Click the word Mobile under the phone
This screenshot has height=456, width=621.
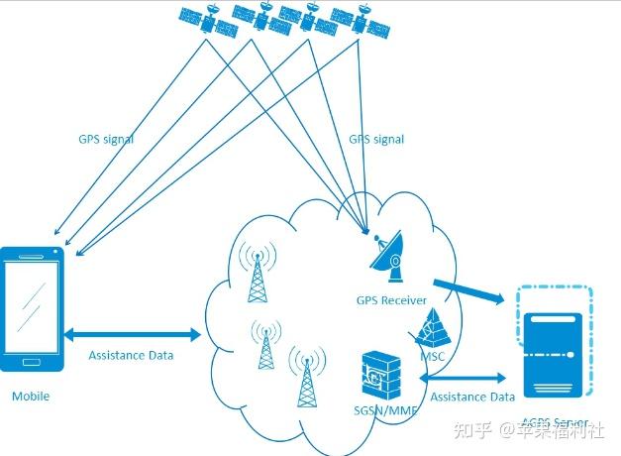click(x=31, y=397)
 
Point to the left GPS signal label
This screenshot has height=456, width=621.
click(x=106, y=140)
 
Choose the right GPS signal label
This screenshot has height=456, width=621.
click(x=376, y=140)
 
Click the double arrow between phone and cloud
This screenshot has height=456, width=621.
click(x=133, y=335)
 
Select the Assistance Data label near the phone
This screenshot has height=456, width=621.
click(x=131, y=355)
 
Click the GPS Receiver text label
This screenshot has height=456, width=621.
click(x=391, y=299)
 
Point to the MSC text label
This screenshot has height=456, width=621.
click(x=431, y=356)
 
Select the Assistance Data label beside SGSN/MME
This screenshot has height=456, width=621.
click(x=472, y=397)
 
